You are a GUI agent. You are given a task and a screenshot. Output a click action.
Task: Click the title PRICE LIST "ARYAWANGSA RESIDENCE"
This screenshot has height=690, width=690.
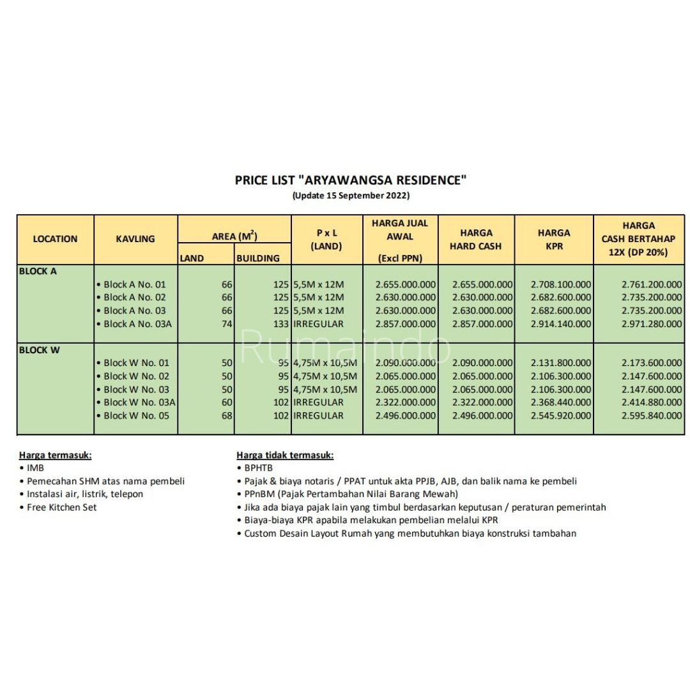[x=351, y=180]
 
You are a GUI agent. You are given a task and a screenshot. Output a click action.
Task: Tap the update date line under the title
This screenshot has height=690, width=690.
[x=351, y=195]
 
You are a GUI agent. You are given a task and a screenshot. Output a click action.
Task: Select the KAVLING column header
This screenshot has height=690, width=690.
[x=135, y=239]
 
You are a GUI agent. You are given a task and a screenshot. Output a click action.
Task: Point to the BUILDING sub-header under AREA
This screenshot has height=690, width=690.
[x=258, y=259]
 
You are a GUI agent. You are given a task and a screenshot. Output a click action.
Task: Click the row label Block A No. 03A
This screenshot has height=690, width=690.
[x=137, y=324]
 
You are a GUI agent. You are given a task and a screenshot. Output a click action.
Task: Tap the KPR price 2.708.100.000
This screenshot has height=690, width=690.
[x=561, y=284]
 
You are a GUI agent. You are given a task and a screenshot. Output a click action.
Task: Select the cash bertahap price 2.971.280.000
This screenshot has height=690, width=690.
[x=651, y=324]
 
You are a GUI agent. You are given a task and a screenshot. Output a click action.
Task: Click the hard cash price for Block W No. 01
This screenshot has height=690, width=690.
[x=482, y=363]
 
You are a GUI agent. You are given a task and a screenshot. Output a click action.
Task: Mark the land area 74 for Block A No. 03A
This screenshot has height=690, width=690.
[x=227, y=324]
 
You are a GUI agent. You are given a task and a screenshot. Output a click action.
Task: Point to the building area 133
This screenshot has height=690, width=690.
[x=280, y=324]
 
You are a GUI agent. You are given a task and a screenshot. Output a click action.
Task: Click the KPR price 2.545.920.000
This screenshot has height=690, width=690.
[x=561, y=416]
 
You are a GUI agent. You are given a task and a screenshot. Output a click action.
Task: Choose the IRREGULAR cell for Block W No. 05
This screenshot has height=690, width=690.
[x=319, y=416]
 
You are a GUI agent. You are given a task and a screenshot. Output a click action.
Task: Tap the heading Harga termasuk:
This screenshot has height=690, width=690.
[x=55, y=456]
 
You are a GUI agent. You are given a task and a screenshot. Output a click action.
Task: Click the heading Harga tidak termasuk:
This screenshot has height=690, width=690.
[x=285, y=456]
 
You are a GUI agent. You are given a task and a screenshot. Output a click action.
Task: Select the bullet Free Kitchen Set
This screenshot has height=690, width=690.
[x=61, y=507]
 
